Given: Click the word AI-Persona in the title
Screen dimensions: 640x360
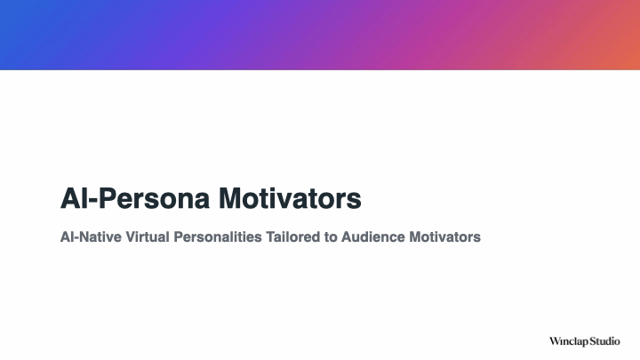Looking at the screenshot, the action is click(135, 198).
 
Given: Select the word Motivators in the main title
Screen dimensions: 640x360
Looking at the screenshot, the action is click(290, 198).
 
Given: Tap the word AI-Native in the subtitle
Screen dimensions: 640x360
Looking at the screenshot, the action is click(91, 236).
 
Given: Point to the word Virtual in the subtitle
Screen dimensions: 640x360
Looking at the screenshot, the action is click(148, 236).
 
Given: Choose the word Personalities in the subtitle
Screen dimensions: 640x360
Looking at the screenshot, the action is click(218, 236).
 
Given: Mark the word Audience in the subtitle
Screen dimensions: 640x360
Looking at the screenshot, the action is click(373, 236).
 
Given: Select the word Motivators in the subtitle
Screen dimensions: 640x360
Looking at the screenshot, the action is click(445, 236).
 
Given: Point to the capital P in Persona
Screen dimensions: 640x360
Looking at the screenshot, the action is click(108, 198).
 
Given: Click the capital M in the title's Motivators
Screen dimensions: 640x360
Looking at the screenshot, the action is click(231, 198).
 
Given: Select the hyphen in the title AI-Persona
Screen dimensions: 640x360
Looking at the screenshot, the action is click(93, 201).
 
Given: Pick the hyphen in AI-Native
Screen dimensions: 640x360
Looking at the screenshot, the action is click(75, 238).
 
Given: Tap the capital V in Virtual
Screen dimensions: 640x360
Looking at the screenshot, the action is click(130, 236).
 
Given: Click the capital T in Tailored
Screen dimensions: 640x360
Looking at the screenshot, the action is click(270, 236).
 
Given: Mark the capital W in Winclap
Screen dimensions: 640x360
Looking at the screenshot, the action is click(555, 341).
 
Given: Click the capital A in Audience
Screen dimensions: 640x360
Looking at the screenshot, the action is click(346, 236).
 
